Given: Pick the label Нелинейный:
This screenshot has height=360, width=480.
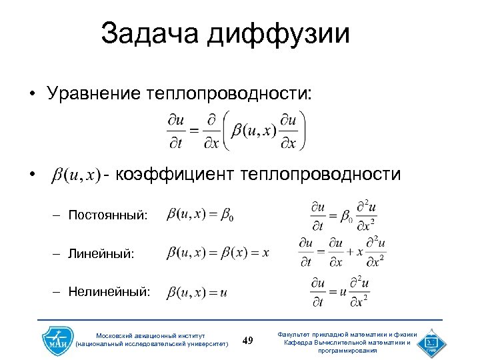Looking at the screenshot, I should [x=109, y=291].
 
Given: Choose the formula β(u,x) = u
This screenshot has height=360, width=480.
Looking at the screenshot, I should [x=197, y=292].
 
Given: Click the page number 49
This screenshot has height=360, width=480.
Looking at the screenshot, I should [x=248, y=341].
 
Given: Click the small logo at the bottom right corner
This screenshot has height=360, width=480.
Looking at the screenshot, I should [x=428, y=341].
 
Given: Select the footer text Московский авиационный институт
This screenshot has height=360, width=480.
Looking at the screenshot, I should [x=151, y=335].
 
